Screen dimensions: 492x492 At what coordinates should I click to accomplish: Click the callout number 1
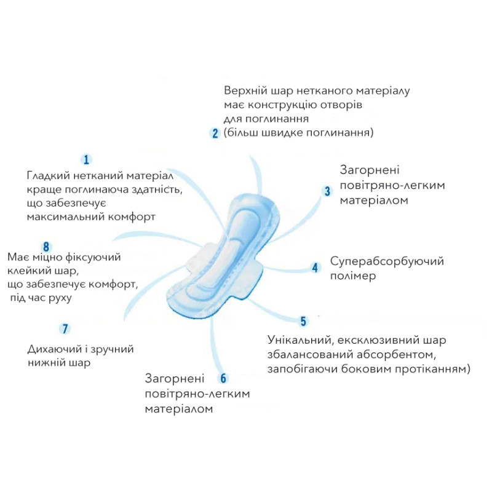click(x=87, y=160)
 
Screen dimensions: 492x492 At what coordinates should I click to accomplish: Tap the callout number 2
click(x=215, y=133)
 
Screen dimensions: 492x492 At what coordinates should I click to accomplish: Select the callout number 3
click(x=328, y=191)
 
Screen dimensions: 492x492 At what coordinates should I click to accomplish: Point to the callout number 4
click(x=315, y=268)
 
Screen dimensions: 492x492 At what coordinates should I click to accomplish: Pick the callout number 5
click(x=303, y=322)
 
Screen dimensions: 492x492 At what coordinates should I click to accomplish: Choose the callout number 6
click(x=223, y=378)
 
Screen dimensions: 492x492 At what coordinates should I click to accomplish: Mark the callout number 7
click(x=65, y=328)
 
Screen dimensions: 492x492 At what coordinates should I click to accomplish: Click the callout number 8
click(x=46, y=246)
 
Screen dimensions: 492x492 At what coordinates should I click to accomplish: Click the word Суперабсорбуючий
click(x=387, y=261)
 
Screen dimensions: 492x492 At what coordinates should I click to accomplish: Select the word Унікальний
click(x=300, y=340)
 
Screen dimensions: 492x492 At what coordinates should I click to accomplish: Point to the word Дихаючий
click(x=54, y=349)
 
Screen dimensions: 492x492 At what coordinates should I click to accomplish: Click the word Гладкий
click(x=47, y=175)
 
